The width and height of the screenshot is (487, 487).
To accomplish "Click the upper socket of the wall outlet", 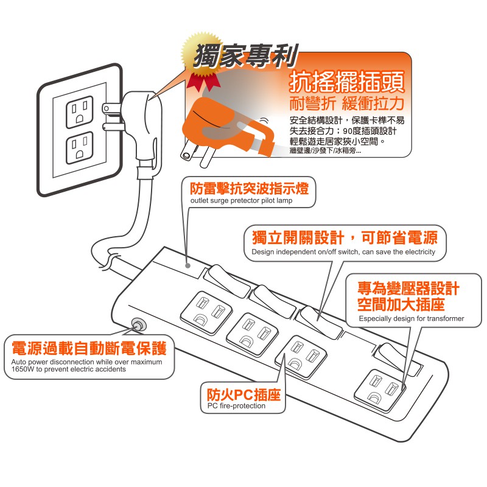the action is pos(80,112).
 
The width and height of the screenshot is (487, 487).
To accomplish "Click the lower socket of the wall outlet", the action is pos(80,148).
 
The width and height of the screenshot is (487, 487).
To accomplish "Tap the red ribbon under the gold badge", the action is pos(203,82).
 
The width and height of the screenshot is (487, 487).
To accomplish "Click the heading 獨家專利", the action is pos(246,56).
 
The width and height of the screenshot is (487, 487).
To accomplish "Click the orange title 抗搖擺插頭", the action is pos(346,82).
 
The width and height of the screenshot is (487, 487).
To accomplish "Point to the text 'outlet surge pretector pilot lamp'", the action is pos(241,201).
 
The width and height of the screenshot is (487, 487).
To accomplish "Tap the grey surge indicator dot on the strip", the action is pos(187,265).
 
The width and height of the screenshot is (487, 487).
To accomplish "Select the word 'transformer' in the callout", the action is pos(446,318).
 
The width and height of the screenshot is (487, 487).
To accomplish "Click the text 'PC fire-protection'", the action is pos(236,405).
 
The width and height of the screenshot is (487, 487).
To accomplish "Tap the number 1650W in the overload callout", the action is pos(23,369).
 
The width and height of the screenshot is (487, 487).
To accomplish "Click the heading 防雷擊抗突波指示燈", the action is pos(250,188).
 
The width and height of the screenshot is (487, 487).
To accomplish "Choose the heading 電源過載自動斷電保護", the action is pos(89,348).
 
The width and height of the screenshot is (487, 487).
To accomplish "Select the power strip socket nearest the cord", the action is pos(206,313).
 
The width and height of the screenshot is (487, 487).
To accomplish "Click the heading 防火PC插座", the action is pos(244,394).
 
